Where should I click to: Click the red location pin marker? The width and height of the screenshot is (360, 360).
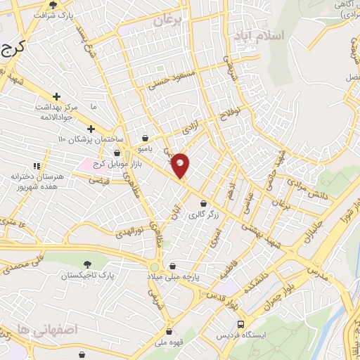point(181,165)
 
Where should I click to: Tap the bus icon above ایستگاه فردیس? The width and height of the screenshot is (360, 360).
point(241,324)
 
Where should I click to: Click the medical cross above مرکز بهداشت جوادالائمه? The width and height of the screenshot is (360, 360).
point(56,96)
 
